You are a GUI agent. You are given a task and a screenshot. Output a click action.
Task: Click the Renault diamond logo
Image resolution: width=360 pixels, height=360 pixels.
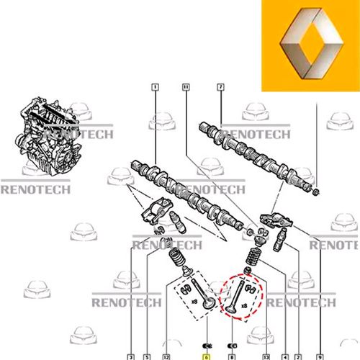pyautogui.click(x=311, y=43)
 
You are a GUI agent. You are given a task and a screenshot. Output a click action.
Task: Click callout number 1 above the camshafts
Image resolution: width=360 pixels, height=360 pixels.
pyautogui.click(x=156, y=87)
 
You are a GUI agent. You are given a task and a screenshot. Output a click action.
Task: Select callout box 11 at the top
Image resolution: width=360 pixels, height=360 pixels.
pyautogui.click(x=186, y=87)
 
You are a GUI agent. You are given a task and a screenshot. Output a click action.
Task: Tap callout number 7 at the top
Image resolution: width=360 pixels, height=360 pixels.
pyautogui.click(x=220, y=87)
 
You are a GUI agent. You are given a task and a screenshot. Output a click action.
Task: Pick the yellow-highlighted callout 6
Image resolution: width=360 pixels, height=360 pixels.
pyautogui.click(x=207, y=357)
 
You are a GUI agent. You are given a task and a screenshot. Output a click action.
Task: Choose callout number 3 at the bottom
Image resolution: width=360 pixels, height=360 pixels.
pyautogui.click(x=131, y=357)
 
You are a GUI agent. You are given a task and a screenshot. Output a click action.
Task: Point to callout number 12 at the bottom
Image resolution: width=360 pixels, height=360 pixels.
pyautogui.click(x=166, y=357)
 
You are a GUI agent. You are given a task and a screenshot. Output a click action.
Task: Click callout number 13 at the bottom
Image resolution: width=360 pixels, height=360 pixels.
pyautogui.click(x=266, y=357)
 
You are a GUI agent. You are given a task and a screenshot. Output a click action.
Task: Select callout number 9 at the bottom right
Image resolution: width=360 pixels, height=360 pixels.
pyautogui.click(x=320, y=357)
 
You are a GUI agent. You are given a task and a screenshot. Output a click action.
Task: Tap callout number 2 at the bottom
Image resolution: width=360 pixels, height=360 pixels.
pyautogui.click(x=298, y=357)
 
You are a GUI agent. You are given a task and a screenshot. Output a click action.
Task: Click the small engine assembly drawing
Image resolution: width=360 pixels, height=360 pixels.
pyautogui.click(x=48, y=136)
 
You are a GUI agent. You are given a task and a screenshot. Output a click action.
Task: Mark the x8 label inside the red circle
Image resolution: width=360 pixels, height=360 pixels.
pyautogui.click(x=244, y=306)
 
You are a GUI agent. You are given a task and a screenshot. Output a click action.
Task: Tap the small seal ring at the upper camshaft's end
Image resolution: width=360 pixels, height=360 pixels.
pyautogui.click(x=317, y=192)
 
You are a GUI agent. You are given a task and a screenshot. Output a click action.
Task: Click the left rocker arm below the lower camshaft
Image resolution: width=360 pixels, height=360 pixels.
pyautogui.click(x=157, y=210)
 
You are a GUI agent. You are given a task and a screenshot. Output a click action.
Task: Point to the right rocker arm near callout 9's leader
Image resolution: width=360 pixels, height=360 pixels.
pyautogui.click(x=276, y=220)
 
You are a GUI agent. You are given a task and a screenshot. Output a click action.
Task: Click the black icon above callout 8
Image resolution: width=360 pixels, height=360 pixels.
pyautogui.click(x=232, y=346)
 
